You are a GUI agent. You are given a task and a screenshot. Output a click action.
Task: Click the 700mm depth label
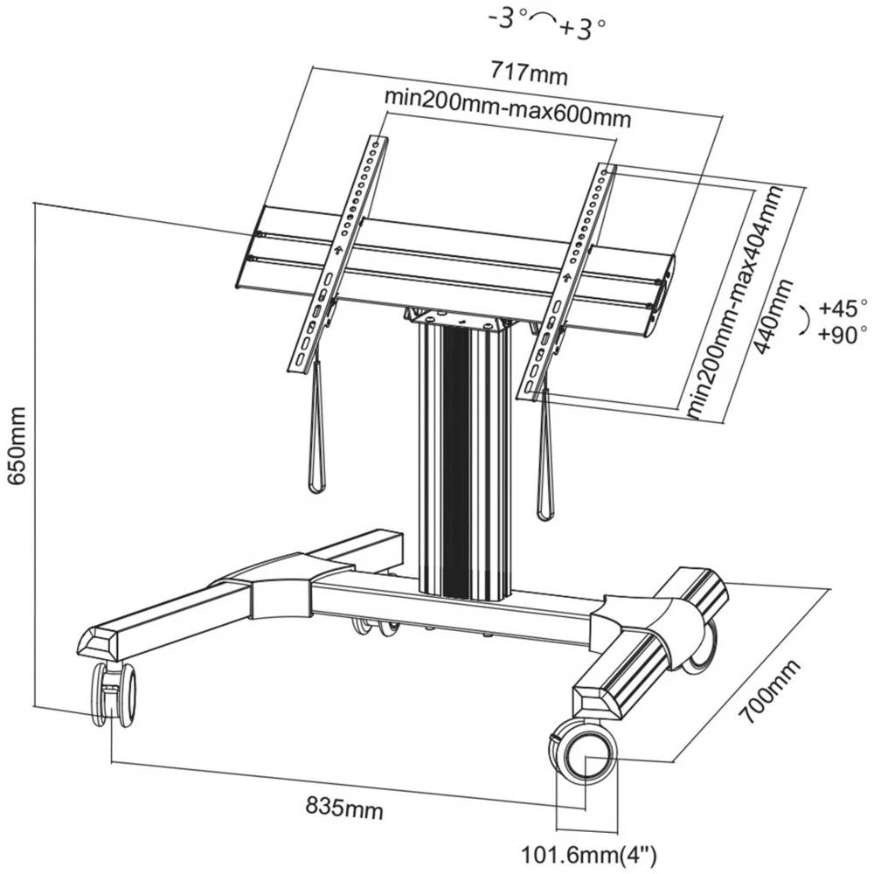click(769, 694)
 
